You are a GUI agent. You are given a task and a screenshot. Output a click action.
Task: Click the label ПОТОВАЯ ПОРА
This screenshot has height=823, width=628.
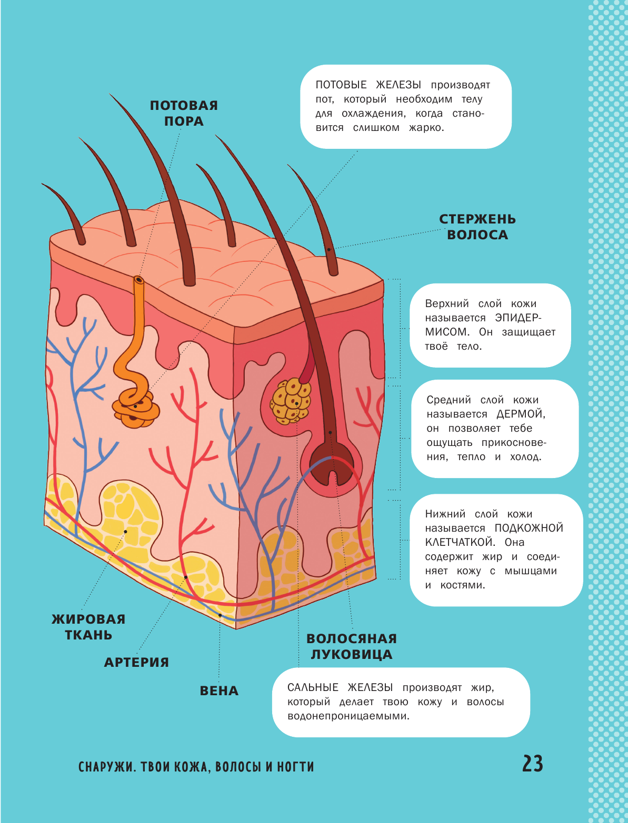[184, 113]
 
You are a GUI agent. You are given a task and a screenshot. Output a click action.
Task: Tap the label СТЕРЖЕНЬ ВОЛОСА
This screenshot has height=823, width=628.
[477, 227]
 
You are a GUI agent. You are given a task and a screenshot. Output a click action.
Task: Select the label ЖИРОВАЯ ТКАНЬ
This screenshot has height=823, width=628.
[88, 627]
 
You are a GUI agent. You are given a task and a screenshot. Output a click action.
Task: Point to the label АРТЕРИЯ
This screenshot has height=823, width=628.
[136, 662]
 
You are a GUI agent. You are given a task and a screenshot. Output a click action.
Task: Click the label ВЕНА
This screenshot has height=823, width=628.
[219, 690]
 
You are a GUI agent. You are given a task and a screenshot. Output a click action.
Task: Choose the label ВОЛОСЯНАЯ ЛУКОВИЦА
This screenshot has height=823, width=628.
[351, 646]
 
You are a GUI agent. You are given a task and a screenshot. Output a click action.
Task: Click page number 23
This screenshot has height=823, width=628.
[532, 764]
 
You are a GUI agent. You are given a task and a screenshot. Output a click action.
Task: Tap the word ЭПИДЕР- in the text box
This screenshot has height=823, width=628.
[518, 318]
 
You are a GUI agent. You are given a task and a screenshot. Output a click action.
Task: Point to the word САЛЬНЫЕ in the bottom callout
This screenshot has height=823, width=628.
[313, 688]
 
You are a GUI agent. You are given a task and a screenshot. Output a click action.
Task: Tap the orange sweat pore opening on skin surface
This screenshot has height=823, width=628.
[138, 279]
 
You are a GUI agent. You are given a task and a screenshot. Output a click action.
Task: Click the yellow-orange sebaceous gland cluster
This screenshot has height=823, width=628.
[291, 401]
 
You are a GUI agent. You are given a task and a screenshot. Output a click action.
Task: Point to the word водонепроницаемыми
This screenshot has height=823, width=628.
[348, 716]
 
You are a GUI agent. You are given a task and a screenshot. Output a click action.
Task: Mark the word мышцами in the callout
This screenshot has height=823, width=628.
[530, 571]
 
